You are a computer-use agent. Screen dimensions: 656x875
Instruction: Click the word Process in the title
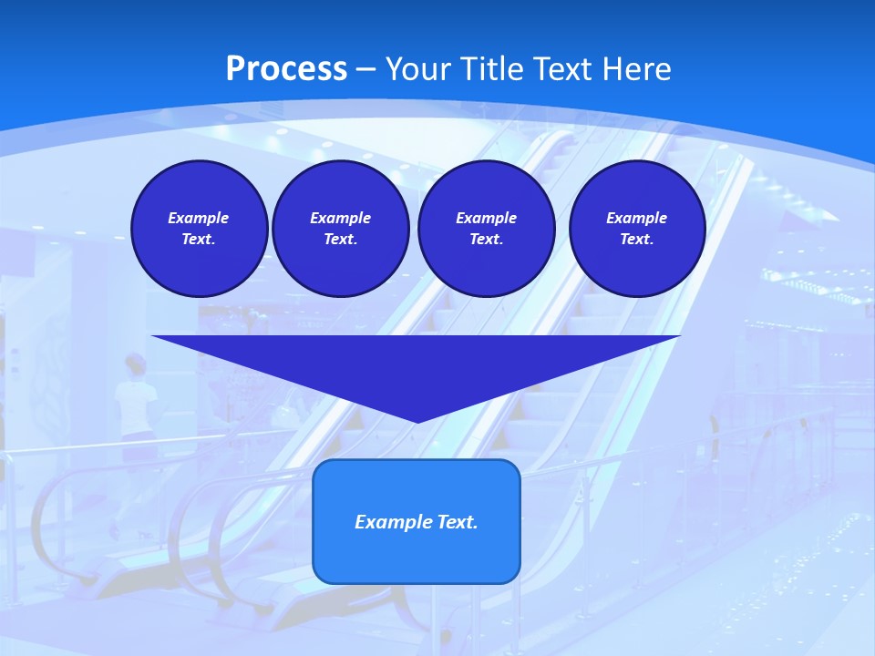286,69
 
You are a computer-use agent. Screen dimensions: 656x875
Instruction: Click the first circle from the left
199,229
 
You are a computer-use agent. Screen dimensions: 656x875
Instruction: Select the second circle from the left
340,229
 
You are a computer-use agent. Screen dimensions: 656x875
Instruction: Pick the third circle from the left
486,229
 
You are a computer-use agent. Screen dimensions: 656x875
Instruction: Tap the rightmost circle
636,229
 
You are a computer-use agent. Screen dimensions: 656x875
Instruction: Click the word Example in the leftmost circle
199,218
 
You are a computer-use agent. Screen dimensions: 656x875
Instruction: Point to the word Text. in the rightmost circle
636,240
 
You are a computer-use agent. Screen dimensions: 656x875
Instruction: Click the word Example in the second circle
340,218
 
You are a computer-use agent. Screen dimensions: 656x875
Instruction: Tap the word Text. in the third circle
486,240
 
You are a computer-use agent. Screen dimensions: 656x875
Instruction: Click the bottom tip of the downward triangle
417,421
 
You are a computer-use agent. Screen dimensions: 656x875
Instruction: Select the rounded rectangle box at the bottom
417,521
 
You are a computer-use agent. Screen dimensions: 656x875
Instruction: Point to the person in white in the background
135,401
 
